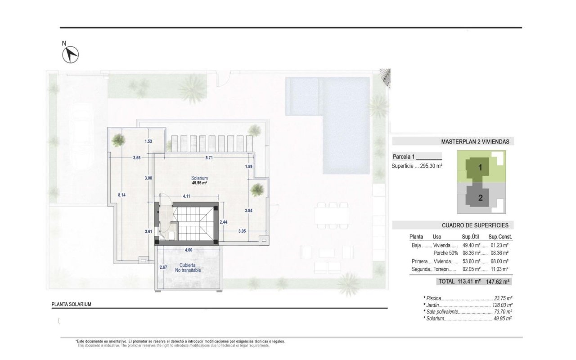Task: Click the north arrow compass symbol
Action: (70, 54)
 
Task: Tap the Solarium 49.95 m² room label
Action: (199, 180)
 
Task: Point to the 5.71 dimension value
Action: (209, 158)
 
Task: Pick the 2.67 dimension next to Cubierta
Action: (163, 267)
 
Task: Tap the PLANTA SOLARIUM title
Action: (72, 304)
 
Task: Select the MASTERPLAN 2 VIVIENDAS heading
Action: (475, 141)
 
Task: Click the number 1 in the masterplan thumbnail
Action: (480, 168)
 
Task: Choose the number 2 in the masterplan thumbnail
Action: (480, 197)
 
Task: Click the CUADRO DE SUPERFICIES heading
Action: (475, 225)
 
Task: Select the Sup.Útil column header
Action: (472, 237)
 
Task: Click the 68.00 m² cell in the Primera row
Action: (499, 261)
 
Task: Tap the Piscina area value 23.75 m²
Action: (503, 298)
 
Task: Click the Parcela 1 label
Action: (403, 157)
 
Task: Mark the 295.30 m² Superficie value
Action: (431, 166)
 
